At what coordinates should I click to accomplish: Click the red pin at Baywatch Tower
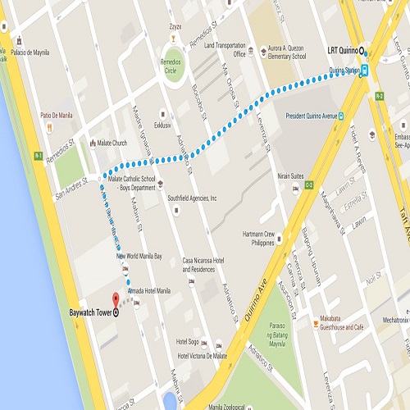[x=115, y=300]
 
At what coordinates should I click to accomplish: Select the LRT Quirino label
[x=343, y=51]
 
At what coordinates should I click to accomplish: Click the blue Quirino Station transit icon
[x=365, y=71]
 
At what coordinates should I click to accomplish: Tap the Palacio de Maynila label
[x=30, y=52]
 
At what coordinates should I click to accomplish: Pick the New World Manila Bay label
[x=144, y=256]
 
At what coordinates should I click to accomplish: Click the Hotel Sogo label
[x=189, y=341]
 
